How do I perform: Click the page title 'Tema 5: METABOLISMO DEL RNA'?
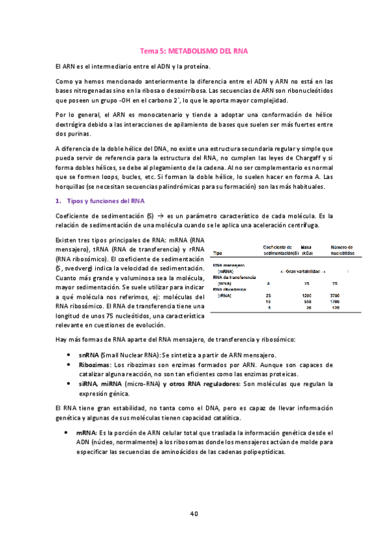(194, 50)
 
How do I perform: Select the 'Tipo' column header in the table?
(218, 253)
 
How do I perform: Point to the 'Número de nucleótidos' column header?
(341, 250)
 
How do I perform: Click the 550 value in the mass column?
(308, 302)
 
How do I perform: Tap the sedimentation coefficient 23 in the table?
(269, 295)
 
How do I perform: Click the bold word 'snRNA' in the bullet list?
(89, 355)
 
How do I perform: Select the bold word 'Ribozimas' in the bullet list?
(95, 365)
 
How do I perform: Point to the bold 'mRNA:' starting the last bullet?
(88, 432)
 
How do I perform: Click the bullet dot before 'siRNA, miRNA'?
(69, 384)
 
